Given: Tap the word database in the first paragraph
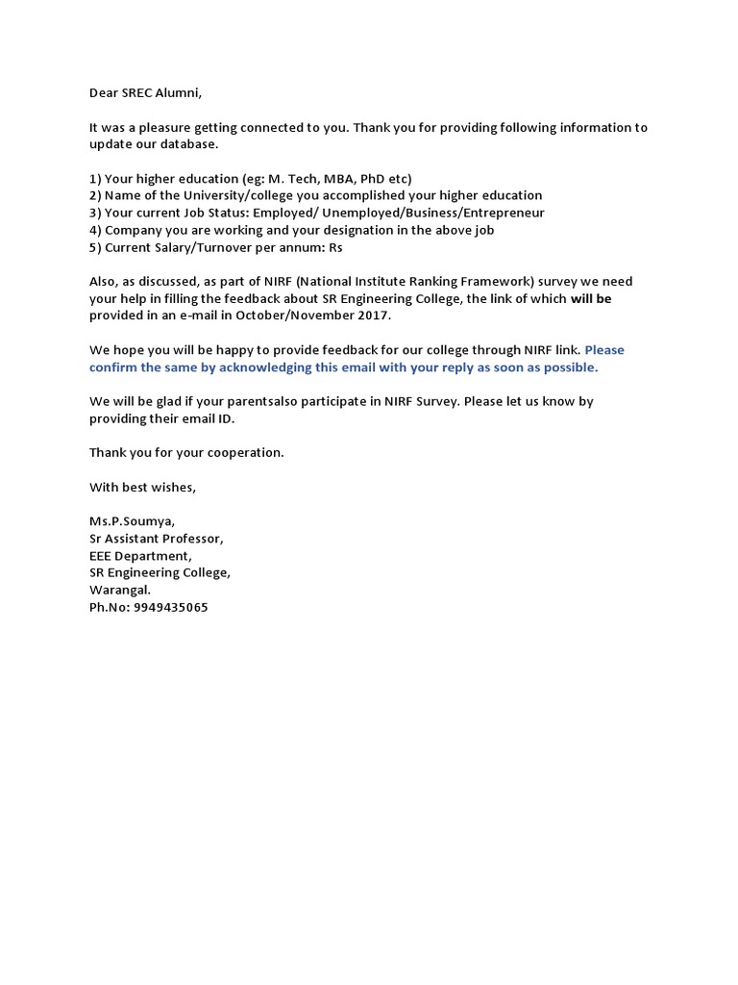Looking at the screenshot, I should coord(188,144).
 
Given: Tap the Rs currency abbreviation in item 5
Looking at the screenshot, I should coord(335,247).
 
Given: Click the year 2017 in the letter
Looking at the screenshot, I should coord(372,316).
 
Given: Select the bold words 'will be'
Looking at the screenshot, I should coord(591,298).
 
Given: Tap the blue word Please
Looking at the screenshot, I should coord(604,349).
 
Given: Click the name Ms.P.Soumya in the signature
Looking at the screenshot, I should coord(133,521).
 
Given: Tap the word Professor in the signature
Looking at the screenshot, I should coord(192,539).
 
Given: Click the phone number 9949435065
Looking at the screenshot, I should coord(168,607).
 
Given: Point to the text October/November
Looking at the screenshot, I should coord(284,316).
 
